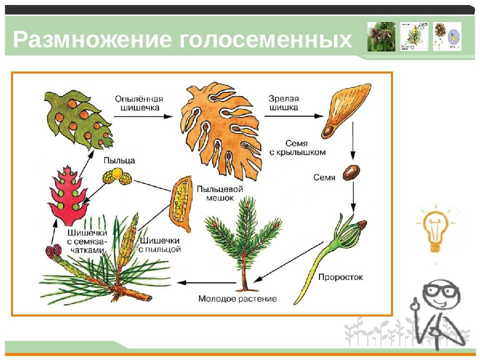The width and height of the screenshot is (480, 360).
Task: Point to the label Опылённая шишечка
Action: pos(137,102)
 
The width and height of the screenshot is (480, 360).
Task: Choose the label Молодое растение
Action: pos(237,298)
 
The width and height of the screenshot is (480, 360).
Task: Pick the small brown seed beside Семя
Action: pos(349,173)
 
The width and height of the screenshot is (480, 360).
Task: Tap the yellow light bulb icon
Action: pos(433,229)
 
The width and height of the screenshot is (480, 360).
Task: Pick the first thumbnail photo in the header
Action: pos(381,36)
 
